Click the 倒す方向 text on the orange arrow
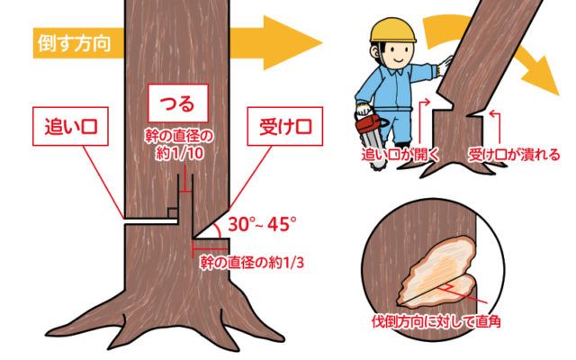74,43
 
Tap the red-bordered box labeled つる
178,103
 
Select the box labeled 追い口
70,126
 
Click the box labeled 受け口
285,126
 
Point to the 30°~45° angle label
262,224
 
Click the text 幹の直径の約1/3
252,263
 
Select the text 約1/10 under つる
180,153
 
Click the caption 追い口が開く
400,155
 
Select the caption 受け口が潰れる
514,155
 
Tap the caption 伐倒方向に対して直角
436,322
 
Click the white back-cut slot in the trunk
151,221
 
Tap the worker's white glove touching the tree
445,66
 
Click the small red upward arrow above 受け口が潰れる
496,126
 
